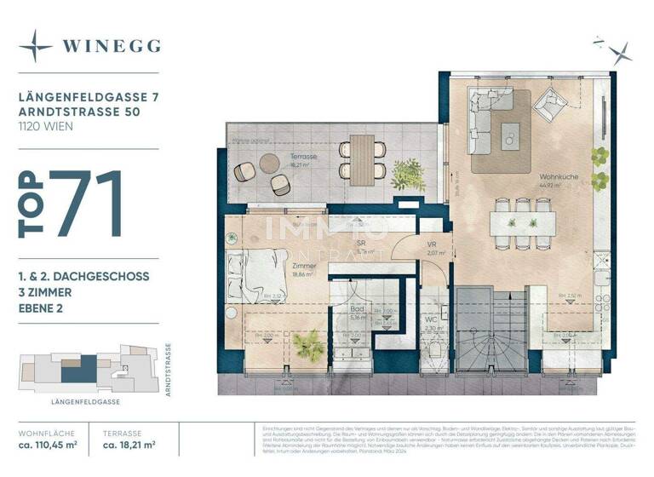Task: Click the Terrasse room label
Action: (x=297, y=159)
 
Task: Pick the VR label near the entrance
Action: (x=431, y=244)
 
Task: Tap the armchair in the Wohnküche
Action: (x=550, y=107)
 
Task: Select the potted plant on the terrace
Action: (x=408, y=175)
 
